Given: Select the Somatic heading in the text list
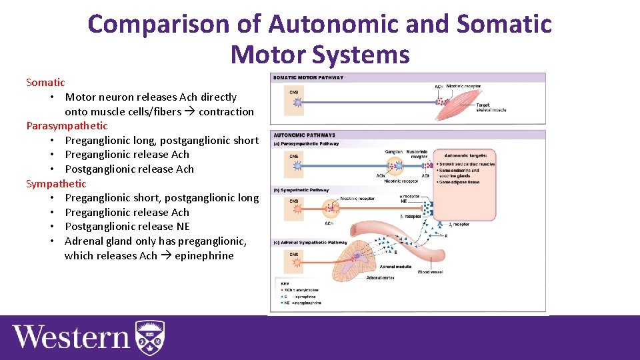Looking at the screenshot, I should [x=45, y=83].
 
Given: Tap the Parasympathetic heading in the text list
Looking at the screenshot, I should [x=67, y=125].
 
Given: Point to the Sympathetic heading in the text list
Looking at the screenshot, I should [x=56, y=183].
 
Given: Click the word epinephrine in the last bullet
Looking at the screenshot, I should [x=204, y=255].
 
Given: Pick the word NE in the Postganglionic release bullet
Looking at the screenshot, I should [x=183, y=227].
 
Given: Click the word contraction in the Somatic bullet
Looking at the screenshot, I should [x=226, y=111].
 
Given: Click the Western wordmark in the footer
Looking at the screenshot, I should [x=70, y=337].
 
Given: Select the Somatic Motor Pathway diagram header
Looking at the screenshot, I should [x=308, y=77].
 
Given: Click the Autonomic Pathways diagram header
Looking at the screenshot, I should [x=304, y=135].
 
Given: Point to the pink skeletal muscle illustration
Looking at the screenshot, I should [x=473, y=97].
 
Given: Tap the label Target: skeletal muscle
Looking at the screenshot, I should [x=491, y=107].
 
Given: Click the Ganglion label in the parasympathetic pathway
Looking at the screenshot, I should [x=393, y=152].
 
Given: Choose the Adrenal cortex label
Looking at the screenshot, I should [x=379, y=278].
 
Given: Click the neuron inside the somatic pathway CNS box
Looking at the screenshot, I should [x=297, y=102].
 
